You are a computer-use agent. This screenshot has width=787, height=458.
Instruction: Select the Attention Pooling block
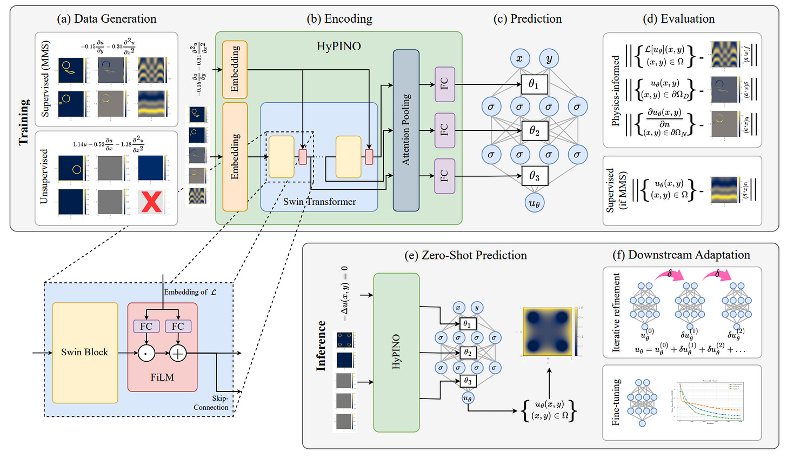pyautogui.click(x=406, y=130)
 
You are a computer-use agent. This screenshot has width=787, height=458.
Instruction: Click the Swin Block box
pyautogui.click(x=85, y=353)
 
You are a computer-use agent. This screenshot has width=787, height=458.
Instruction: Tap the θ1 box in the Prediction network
pyautogui.click(x=534, y=84)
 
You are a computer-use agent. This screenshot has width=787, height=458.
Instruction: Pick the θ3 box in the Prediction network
pyautogui.click(x=534, y=176)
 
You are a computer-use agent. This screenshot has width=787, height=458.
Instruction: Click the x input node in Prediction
pyautogui.click(x=519, y=58)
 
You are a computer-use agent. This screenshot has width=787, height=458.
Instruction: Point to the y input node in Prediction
pyautogui.click(x=549, y=58)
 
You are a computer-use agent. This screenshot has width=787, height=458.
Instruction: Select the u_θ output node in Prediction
pyautogui.click(x=534, y=203)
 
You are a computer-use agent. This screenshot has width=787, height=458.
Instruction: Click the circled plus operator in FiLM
pyautogui.click(x=178, y=354)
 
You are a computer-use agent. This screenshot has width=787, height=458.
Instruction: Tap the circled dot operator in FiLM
pyautogui.click(x=146, y=354)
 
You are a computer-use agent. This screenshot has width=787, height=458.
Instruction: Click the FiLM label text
pyautogui.click(x=162, y=377)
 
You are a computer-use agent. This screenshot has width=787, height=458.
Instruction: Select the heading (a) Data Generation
pyautogui.click(x=106, y=19)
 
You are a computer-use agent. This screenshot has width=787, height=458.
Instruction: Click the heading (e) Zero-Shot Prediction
pyautogui.click(x=465, y=255)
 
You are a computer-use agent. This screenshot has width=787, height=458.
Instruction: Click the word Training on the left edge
pyautogui.click(x=24, y=122)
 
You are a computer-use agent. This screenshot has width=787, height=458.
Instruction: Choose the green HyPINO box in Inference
pyautogui.click(x=396, y=352)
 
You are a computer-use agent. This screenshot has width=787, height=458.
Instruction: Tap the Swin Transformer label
pyautogui.click(x=319, y=202)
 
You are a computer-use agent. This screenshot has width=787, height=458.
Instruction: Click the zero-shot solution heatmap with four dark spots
pyautogui.click(x=548, y=331)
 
